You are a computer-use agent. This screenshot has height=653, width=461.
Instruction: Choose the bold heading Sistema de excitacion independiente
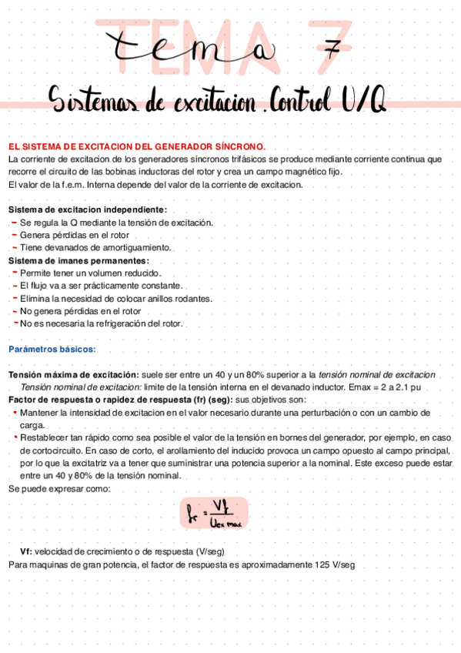[87, 209]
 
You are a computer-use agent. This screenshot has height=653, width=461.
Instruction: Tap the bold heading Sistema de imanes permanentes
[79, 260]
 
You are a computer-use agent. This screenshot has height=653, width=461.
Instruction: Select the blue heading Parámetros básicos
[52, 349]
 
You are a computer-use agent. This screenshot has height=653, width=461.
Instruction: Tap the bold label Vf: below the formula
[26, 552]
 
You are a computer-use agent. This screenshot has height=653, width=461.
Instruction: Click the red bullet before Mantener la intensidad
[15, 413]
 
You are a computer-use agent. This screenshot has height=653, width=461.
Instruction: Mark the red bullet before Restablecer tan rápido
[15, 437]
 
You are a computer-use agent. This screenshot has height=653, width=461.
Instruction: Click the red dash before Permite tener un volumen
[15, 273]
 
